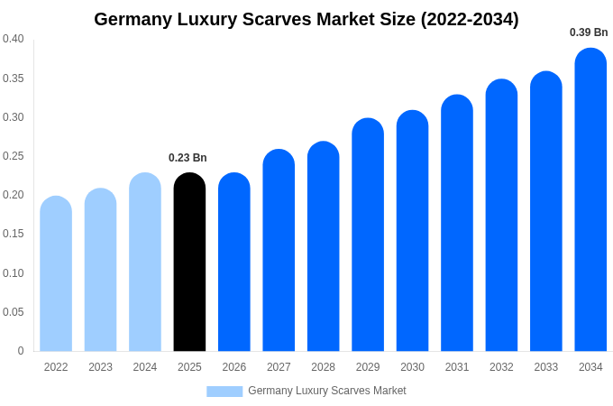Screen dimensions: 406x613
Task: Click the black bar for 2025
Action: [189, 262]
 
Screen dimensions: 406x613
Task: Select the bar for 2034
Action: [590, 199]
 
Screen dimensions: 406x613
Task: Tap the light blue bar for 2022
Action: [56, 273]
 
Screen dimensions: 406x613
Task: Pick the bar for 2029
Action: [368, 235]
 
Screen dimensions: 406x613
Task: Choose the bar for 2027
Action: [279, 250]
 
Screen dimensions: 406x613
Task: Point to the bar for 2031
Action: [457, 223]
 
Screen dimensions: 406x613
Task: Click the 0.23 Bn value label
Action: [188, 158]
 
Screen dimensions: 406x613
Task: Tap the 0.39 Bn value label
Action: [589, 32]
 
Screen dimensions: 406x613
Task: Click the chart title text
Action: [306, 19]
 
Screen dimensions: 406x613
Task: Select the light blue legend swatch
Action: [224, 392]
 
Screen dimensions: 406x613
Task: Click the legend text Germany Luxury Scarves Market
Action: [326, 391]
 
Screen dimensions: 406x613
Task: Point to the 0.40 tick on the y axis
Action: [14, 39]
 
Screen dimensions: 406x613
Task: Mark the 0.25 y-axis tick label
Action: [14, 156]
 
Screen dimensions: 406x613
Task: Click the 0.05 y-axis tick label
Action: [14, 312]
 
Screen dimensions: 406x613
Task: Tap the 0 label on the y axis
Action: [21, 351]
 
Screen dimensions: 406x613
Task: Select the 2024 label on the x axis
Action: [145, 367]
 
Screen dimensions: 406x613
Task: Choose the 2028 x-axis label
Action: [323, 367]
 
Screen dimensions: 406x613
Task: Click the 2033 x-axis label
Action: [546, 367]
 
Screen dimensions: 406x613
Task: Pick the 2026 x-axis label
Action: [234, 367]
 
